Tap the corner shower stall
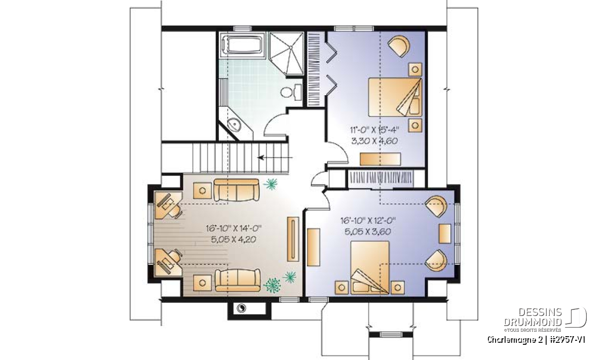tap(286, 54)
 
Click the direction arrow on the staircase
tap(275, 157)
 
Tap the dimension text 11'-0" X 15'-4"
tap(374, 130)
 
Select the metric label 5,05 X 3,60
tap(368, 232)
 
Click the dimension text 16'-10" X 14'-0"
tap(234, 228)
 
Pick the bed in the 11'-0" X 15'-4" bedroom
tap(395, 97)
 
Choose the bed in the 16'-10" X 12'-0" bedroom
tap(370, 268)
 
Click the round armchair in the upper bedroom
tap(399, 47)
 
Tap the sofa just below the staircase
tap(237, 190)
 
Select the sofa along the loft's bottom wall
tap(238, 280)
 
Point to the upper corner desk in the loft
tap(168, 205)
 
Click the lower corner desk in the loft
tap(168, 263)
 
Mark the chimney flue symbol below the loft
tap(241, 308)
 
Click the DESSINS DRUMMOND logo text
tap(533, 317)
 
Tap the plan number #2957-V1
tap(567, 340)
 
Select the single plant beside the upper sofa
tap(271, 184)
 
